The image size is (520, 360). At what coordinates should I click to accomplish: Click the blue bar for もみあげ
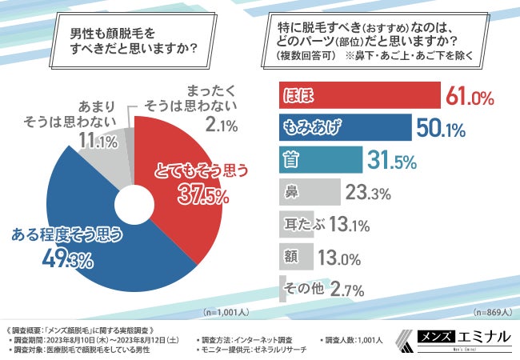coord(344,127)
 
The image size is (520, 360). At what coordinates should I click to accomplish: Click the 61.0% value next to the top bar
coord(470,97)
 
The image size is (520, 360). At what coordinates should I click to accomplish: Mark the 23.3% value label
coord(368,192)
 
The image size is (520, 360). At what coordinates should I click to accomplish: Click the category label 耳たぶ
coord(302,224)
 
